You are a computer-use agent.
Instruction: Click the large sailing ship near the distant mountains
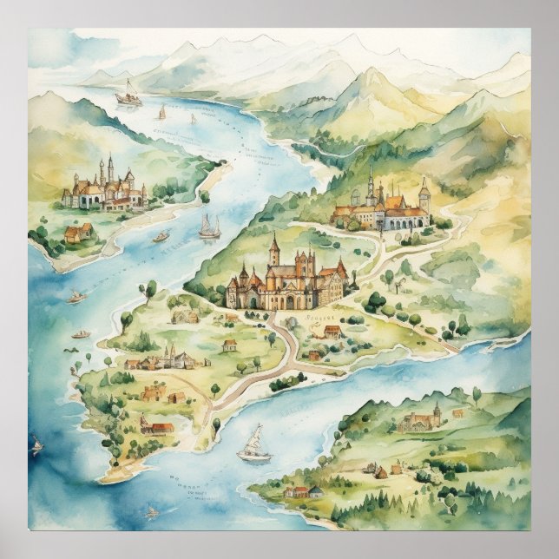click(x=128, y=95)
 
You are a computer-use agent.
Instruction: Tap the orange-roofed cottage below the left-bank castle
click(x=77, y=233)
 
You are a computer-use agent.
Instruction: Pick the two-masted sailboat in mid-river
click(x=209, y=227)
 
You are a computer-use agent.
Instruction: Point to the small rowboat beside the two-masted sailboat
click(x=161, y=236)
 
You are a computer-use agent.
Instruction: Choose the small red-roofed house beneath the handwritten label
click(x=331, y=332)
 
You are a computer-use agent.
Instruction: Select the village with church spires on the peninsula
click(x=165, y=358)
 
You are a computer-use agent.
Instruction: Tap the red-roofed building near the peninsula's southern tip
click(x=159, y=426)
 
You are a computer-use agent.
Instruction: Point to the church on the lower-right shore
click(x=421, y=421)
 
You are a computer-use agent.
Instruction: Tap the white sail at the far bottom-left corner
click(x=37, y=447)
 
